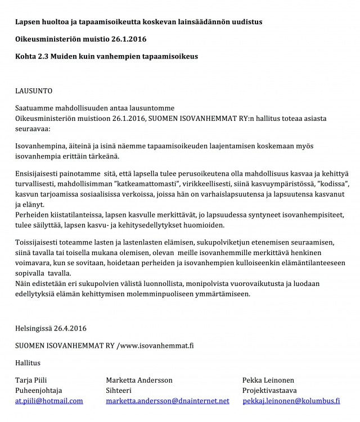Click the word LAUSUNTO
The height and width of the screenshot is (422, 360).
tap(34, 89)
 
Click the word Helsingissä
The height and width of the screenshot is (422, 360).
tap(34, 328)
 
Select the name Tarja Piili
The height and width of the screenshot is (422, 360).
tap(31, 380)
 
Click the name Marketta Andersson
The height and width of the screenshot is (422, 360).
tap(139, 380)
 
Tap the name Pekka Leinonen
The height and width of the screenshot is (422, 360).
tap(268, 380)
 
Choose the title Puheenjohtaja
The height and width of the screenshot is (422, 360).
tap(38, 391)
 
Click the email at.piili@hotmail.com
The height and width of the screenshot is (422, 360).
tap(49, 401)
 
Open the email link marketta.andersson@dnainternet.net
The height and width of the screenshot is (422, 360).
tap(168, 401)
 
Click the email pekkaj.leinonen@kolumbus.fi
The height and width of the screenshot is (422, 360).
tap(291, 401)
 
